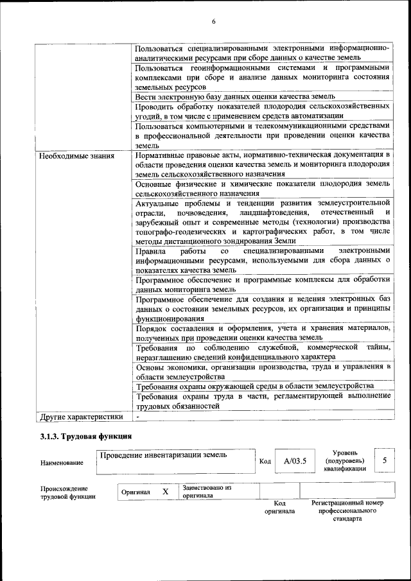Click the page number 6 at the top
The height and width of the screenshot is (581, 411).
(214, 22)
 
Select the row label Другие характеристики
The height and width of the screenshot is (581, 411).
(81, 416)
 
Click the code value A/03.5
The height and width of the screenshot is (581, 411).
(295, 460)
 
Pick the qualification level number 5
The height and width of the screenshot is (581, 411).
(384, 460)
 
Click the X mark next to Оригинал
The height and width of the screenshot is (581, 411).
(165, 491)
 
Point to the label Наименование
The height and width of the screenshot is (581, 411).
(62, 462)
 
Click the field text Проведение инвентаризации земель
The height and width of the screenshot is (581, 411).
(160, 455)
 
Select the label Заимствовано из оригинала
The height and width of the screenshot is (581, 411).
(207, 491)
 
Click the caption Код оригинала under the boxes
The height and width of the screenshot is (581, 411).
(280, 507)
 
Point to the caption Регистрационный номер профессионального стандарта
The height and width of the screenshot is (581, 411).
(347, 510)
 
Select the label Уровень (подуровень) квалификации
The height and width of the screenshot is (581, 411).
(345, 460)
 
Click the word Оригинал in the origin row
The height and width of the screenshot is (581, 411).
(136, 492)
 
